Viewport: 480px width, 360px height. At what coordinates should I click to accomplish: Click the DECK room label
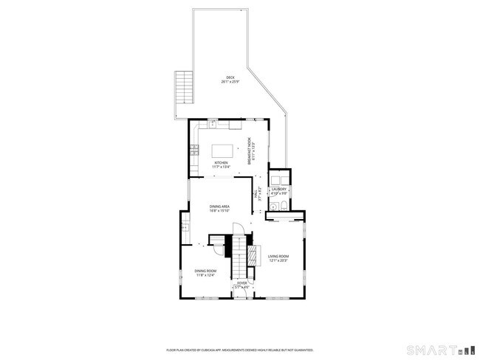230,77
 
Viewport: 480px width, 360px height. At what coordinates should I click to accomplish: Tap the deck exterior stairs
182,88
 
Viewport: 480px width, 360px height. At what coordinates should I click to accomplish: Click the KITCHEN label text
222,163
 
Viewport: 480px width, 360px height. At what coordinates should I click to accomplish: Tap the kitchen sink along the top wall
212,122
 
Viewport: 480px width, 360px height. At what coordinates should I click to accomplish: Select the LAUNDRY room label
278,189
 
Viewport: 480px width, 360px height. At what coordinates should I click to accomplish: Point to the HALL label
256,196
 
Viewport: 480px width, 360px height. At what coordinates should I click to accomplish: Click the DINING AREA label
220,207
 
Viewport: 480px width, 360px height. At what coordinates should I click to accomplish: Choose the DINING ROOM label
205,271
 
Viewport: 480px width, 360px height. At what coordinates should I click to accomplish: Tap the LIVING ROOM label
278,257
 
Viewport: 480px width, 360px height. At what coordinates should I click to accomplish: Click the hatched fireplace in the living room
253,255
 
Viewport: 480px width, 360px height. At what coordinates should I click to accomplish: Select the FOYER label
241,283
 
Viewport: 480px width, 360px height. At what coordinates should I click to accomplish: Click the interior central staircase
239,255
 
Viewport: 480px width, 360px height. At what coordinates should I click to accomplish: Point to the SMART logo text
433,348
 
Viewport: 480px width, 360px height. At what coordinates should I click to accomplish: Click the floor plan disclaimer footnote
239,350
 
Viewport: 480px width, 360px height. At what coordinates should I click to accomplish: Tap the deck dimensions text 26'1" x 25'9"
230,82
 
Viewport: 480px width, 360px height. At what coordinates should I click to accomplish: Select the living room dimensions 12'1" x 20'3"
278,261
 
